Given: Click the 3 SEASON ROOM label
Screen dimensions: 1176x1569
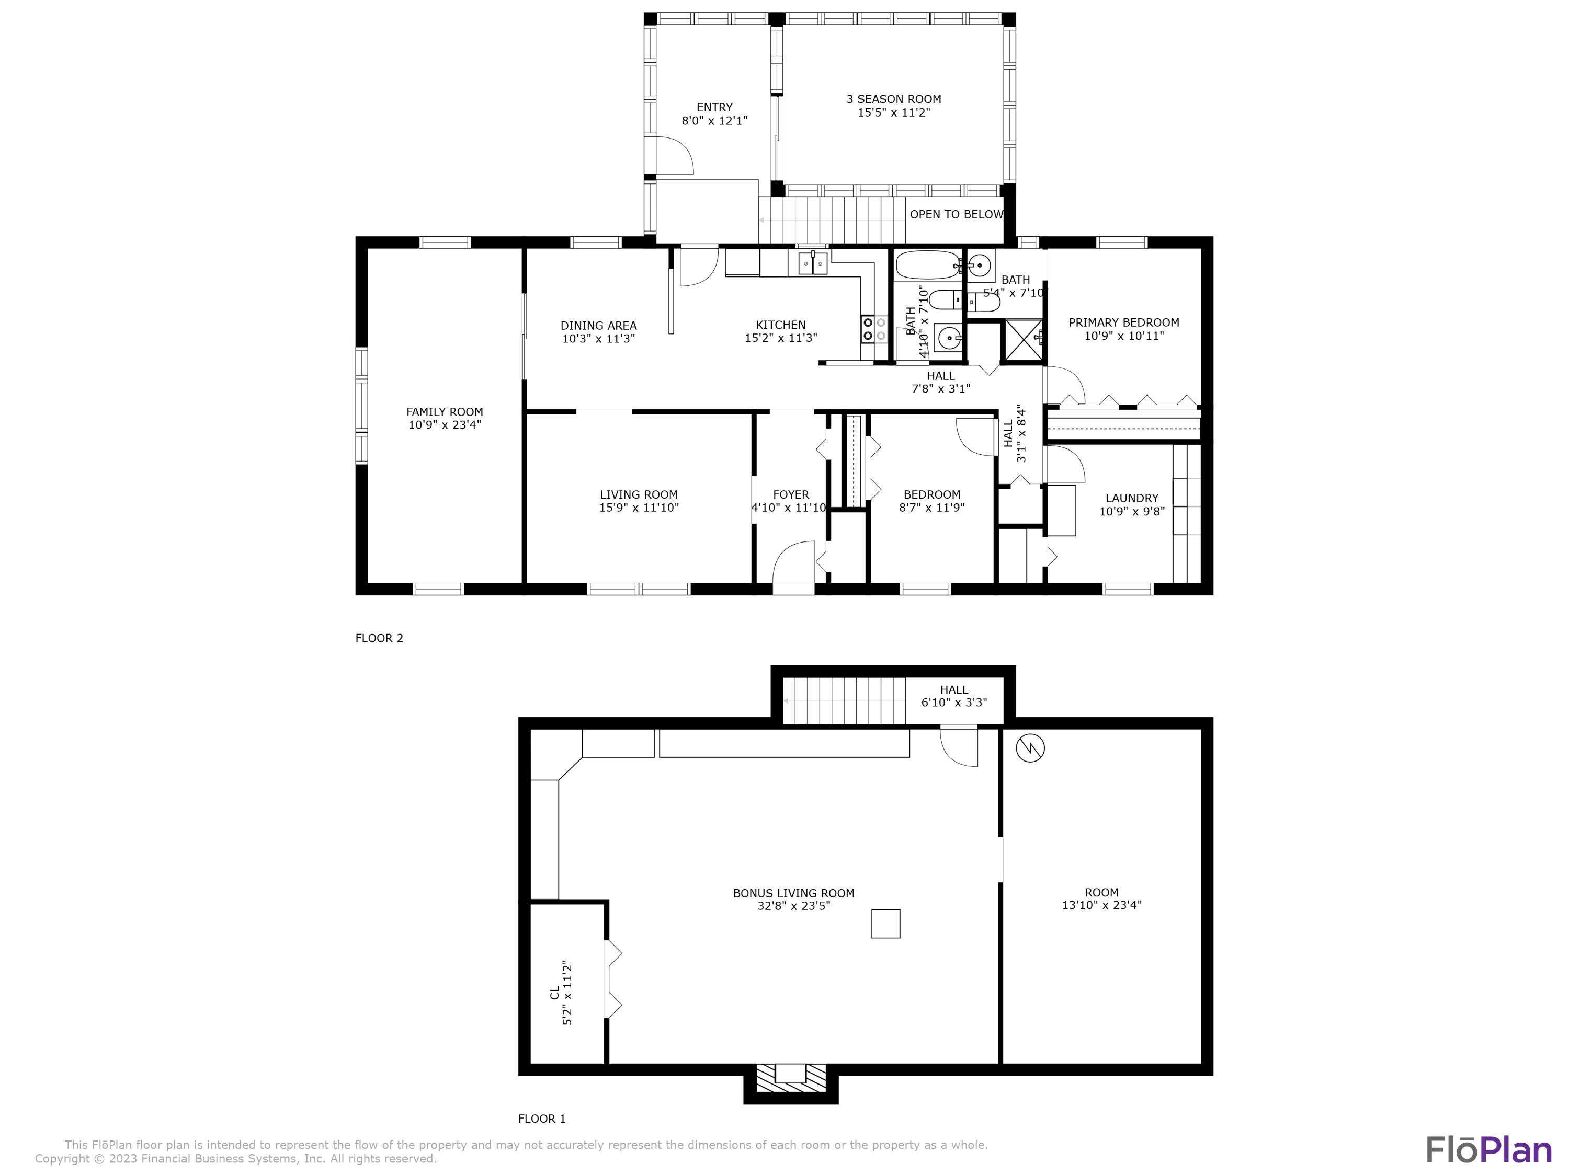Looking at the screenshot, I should pyautogui.click(x=893, y=99).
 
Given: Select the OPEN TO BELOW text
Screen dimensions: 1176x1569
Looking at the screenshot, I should pyautogui.click(x=956, y=214).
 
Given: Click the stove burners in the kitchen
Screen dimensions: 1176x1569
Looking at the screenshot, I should pyautogui.click(x=874, y=328).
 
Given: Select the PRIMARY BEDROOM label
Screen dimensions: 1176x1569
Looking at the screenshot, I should pyautogui.click(x=1123, y=322).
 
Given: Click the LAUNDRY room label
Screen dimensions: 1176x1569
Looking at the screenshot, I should pyautogui.click(x=1131, y=498).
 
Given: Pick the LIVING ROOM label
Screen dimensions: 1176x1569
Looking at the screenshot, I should pyautogui.click(x=639, y=495).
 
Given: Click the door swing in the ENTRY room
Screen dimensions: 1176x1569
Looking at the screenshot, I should pyautogui.click(x=674, y=155).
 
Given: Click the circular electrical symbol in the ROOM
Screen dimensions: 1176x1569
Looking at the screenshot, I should pyautogui.click(x=1030, y=748).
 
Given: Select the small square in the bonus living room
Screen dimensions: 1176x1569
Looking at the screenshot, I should pyautogui.click(x=885, y=924).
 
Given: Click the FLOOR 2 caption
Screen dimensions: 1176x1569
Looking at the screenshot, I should pyautogui.click(x=379, y=638).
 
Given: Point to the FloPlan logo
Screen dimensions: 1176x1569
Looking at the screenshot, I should pyautogui.click(x=1488, y=1150).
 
